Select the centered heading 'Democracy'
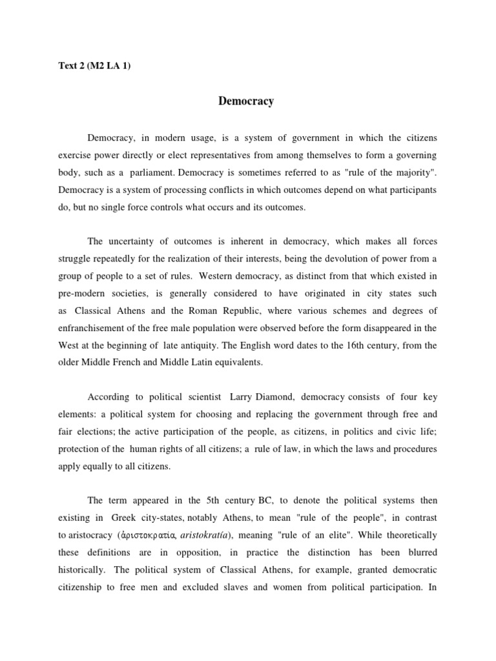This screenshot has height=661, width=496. coord(246,101)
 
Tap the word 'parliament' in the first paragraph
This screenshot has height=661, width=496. coord(152,173)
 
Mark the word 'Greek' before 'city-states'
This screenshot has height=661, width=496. coord(124,518)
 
